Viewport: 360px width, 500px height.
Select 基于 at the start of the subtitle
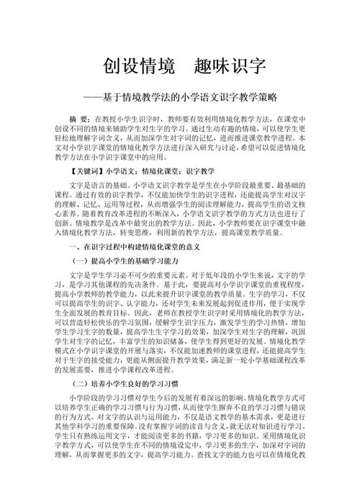pos(127,96)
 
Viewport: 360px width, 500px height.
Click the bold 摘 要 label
pos(78,117)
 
